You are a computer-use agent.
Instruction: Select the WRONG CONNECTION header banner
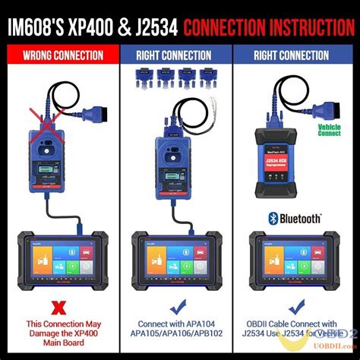pos(62,55)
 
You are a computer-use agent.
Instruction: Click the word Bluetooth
pos(302,219)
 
